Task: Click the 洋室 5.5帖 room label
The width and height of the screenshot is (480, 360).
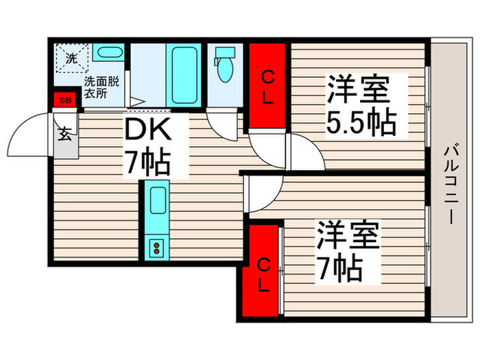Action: click(360, 106)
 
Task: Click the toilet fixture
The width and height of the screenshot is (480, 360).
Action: click(224, 65)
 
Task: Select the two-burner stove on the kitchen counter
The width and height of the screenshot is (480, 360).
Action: click(156, 247)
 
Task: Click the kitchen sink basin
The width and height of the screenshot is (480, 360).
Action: click(156, 203)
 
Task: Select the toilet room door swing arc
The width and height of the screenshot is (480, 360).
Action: click(223, 121)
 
